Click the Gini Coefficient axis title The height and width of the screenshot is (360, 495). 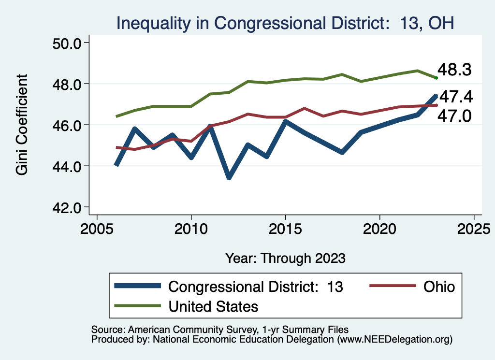(x=22, y=125)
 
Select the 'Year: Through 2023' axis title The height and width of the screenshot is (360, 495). (x=285, y=258)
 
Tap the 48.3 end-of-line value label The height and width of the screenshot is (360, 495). (x=454, y=70)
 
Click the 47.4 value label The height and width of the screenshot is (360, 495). (x=455, y=97)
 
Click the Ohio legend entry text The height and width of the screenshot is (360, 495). (x=439, y=287)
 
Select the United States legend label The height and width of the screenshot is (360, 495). (x=213, y=306)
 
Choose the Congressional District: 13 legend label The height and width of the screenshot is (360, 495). (x=255, y=287)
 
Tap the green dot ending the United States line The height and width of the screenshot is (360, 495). (x=436, y=78)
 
